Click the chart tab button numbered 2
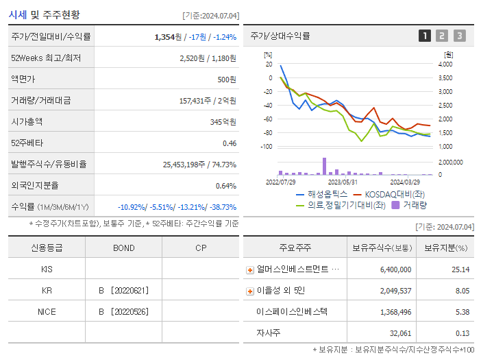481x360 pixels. (x=442, y=36)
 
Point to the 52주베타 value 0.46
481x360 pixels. (x=229, y=143)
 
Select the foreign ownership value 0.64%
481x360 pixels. (x=225, y=185)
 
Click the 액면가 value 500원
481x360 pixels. (x=224, y=80)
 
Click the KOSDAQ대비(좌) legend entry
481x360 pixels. (x=388, y=194)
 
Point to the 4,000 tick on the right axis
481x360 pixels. (x=445, y=64)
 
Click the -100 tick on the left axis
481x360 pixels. (x=267, y=147)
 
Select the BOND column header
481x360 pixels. (x=123, y=248)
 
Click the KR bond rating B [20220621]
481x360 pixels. (x=124, y=290)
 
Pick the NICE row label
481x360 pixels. (x=47, y=311)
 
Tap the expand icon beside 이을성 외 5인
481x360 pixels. (x=250, y=291)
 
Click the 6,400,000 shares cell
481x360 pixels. (x=395, y=269)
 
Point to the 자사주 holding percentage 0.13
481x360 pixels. (x=461, y=333)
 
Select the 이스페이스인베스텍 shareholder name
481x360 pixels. (x=292, y=311)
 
